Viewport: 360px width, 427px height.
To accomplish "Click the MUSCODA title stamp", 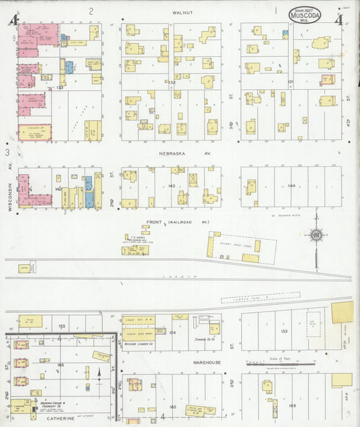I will click(x=305, y=14).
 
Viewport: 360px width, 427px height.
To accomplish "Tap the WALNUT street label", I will click(x=182, y=12).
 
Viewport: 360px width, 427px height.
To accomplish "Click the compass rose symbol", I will click(x=315, y=235).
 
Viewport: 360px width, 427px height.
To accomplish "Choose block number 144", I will click(x=292, y=185).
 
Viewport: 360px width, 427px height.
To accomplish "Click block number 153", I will click(x=284, y=331).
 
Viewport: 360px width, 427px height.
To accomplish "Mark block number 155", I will click(x=61, y=326).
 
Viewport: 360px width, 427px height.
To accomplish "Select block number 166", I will click(x=292, y=405).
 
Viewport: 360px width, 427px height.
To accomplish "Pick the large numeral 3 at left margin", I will click(x=7, y=153).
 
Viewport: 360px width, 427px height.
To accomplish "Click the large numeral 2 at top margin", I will click(x=91, y=11).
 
